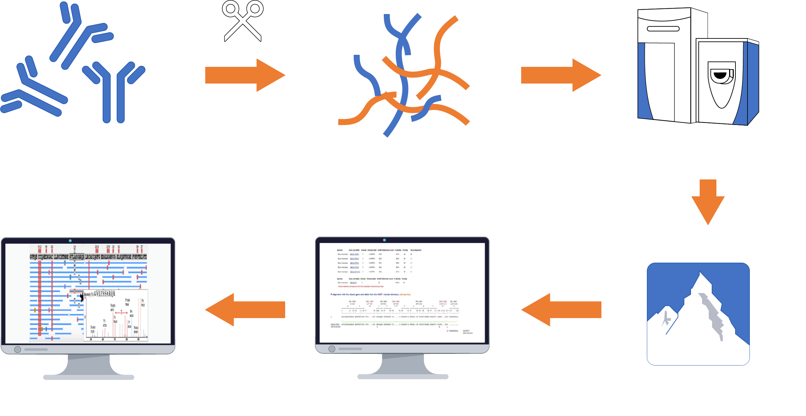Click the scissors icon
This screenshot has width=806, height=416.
coord(243,21)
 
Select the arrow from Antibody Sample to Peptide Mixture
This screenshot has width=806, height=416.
coord(245,75)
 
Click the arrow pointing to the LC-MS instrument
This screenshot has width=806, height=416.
coord(561,75)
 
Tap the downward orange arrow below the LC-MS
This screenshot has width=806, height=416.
coord(708,202)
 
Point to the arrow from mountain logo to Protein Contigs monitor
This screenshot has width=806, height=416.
coord(562,309)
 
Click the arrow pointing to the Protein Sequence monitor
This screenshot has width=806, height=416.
coord(245,309)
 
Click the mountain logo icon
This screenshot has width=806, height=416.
coord(698,314)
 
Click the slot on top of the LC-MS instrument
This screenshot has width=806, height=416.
coord(663,29)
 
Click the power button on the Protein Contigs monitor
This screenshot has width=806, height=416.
coord(332,349)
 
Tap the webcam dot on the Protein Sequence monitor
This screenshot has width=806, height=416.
coord(70,241)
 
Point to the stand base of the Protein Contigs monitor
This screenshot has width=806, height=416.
coord(403,377)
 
